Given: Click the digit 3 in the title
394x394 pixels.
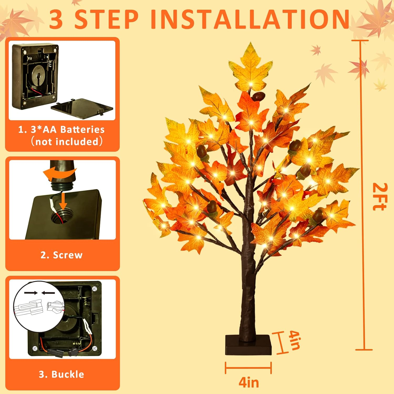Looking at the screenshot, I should click(56, 20).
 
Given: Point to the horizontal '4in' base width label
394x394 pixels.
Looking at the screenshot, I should click(248, 382).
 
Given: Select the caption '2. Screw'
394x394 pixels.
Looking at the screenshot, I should click(61, 255).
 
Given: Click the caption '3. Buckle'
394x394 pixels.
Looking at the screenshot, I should click(61, 374).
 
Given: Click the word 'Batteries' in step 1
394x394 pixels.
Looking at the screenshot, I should click(82, 129).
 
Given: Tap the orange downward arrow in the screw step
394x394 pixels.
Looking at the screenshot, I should click(63, 201).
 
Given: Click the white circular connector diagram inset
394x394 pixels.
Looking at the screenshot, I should click(39, 306).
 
